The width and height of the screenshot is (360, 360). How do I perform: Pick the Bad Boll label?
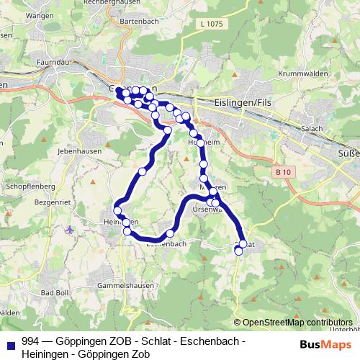55,292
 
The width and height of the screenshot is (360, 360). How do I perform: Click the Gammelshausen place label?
128,287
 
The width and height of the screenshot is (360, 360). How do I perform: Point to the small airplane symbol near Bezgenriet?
68,230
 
